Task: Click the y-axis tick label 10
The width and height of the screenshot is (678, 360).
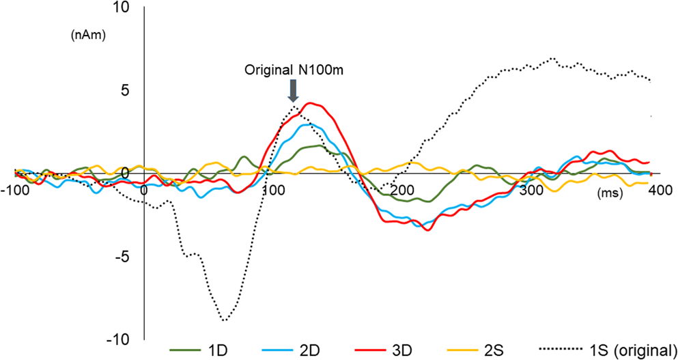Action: coord(122,8)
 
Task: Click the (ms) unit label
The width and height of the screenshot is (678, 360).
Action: coord(610,194)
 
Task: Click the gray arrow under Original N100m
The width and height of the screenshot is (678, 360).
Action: coord(293,90)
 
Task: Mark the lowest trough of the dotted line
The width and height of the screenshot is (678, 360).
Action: coord(224,320)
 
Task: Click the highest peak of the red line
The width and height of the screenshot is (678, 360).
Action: coord(311,103)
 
